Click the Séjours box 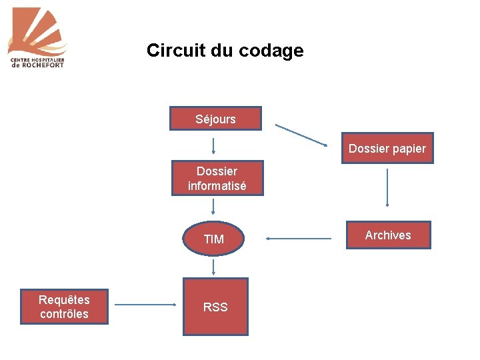[215, 119]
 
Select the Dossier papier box [387, 148]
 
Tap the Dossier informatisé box [217, 178]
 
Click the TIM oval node [214, 239]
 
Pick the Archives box [388, 235]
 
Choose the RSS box [215, 307]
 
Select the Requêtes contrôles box [64, 307]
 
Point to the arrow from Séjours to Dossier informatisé [213, 145]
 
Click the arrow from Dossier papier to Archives [387, 187]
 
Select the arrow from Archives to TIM [298, 238]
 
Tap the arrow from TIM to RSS [213, 267]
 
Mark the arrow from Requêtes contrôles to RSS [145, 305]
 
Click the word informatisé [217, 186]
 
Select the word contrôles [64, 314]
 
